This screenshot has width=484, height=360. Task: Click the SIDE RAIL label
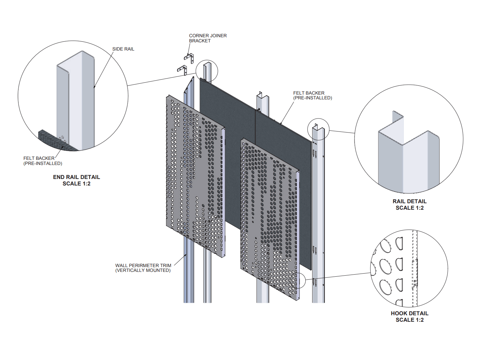pos(123,49)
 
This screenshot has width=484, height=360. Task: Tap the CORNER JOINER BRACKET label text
pos(208,38)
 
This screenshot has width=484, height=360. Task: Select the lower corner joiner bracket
pos(182,70)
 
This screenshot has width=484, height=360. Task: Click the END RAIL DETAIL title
pos(77,177)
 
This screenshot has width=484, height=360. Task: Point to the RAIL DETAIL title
pos(409,201)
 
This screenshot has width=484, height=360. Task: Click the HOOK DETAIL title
pos(409,313)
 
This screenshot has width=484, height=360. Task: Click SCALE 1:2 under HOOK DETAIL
pos(409,320)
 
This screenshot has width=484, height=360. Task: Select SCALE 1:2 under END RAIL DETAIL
pos(77,184)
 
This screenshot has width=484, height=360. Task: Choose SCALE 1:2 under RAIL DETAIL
pos(409,208)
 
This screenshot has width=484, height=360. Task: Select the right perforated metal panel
pos(270,219)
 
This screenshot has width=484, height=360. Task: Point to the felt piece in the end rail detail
pos(55,141)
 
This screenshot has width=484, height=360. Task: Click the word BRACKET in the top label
pos(200,41)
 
